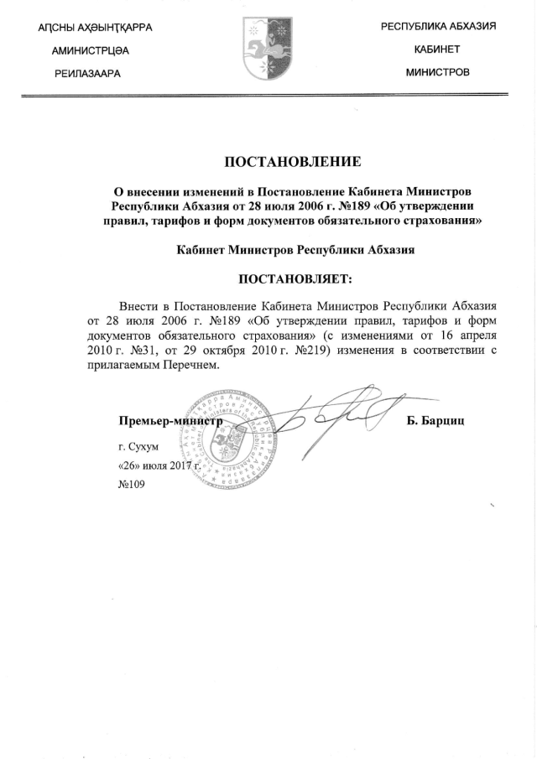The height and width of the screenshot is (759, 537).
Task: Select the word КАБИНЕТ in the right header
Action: coord(437,49)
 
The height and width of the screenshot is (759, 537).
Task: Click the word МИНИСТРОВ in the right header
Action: coord(437,72)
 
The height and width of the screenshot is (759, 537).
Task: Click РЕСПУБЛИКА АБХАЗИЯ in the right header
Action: coord(438,27)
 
